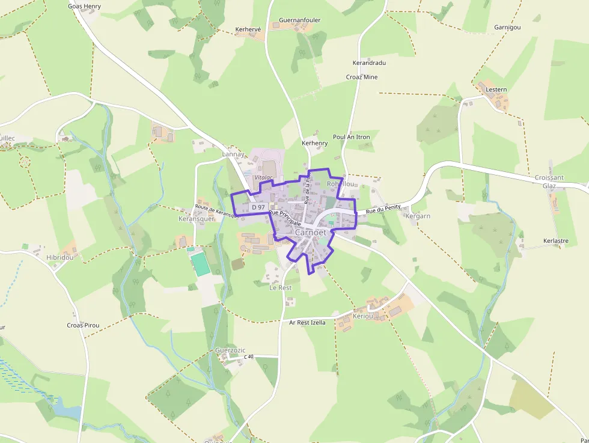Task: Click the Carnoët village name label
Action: tap(311, 232)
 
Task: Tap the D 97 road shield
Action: tap(258, 207)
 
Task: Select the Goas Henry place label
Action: tap(84, 6)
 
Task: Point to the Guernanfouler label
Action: tap(300, 20)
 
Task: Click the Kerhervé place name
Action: tap(249, 29)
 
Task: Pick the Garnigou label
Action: tap(507, 28)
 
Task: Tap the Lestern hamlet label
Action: tap(496, 90)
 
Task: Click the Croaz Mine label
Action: tap(362, 77)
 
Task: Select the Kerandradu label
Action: tap(369, 63)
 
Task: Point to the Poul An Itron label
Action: tap(352, 137)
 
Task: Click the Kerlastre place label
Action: tap(555, 240)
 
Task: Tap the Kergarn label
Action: tap(418, 216)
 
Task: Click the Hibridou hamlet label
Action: tap(60, 257)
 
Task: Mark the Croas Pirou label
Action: tap(83, 325)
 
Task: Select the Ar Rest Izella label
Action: tap(307, 322)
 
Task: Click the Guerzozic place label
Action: tap(231, 350)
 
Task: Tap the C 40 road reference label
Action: tap(249, 357)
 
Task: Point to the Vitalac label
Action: tap(263, 177)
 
